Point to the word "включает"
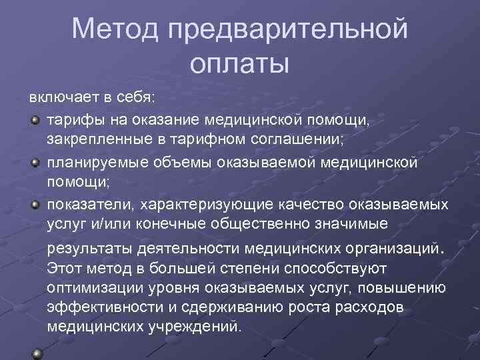(62, 97)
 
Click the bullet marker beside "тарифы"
(35, 119)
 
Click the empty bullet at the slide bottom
(37, 353)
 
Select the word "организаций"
(387, 249)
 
